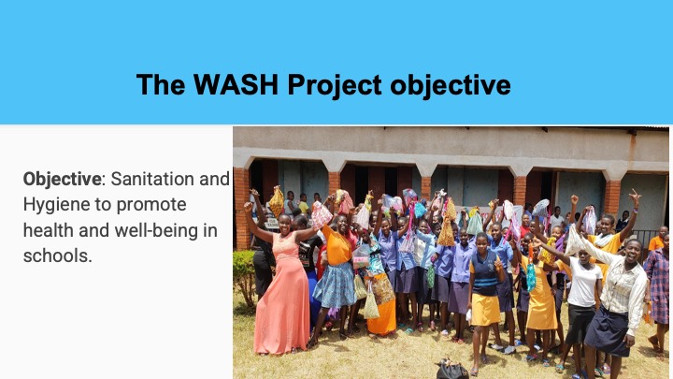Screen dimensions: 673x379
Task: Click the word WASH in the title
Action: (236, 84)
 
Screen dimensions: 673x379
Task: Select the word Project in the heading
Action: (335, 85)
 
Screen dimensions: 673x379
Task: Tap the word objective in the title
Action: (451, 85)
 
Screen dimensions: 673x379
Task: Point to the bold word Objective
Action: (63, 179)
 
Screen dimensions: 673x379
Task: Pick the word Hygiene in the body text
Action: (57, 205)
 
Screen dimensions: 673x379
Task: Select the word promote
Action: (151, 206)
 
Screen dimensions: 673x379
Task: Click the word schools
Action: (58, 256)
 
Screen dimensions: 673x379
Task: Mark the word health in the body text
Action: (49, 230)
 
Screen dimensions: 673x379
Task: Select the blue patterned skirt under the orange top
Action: (336, 285)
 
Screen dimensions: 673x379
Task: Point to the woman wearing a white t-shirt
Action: (581, 300)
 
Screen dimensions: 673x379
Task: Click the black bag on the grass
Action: (452, 370)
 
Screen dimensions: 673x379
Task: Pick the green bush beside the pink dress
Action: (244, 277)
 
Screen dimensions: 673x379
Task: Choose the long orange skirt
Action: (381, 316)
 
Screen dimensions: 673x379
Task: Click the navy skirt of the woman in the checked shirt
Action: (608, 331)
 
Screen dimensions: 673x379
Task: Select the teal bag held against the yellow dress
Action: (531, 277)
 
